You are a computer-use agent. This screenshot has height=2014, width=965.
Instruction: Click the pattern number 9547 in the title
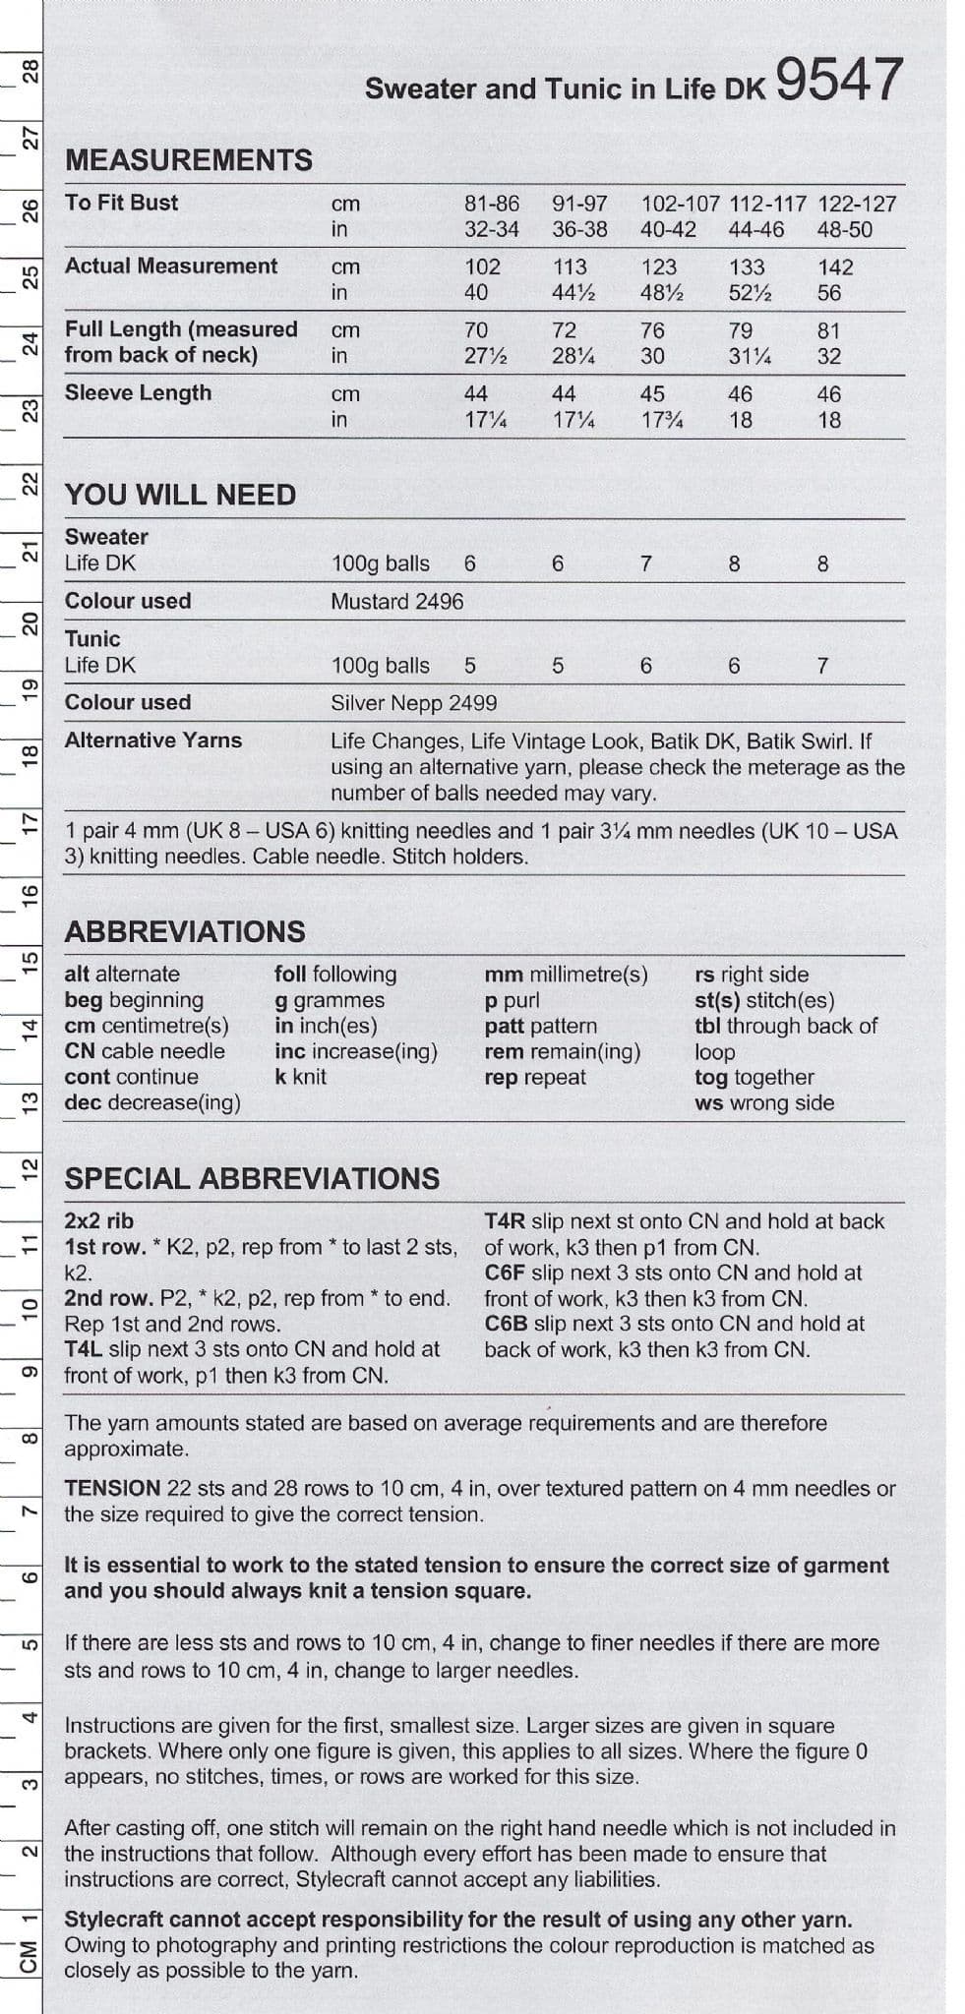[838, 81]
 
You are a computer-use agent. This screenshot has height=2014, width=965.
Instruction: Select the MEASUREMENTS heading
[188, 159]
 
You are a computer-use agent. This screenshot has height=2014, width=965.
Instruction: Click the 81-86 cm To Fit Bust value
[491, 204]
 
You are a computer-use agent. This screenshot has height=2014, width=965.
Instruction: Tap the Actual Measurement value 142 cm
[835, 267]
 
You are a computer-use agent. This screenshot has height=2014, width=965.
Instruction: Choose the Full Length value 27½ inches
[485, 356]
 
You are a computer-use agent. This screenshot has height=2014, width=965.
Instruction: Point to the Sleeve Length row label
[138, 392]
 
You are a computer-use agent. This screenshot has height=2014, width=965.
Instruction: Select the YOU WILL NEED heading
[180, 495]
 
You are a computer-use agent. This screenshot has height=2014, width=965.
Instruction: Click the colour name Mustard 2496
[396, 601]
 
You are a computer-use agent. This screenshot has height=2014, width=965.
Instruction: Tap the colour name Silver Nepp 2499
[413, 703]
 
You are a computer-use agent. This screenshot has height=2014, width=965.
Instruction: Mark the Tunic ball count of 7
[822, 666]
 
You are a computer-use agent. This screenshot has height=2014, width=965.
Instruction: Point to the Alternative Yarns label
[152, 740]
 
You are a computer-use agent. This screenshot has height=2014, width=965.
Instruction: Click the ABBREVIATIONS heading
[185, 931]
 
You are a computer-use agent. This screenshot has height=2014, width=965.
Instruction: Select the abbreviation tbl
[708, 1026]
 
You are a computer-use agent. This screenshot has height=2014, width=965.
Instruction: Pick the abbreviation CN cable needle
[145, 1051]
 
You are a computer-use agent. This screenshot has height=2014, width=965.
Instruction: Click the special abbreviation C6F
[505, 1273]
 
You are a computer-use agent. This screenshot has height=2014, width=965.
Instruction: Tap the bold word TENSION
[111, 1488]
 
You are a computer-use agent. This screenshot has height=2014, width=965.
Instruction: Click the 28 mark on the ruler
[30, 71]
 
